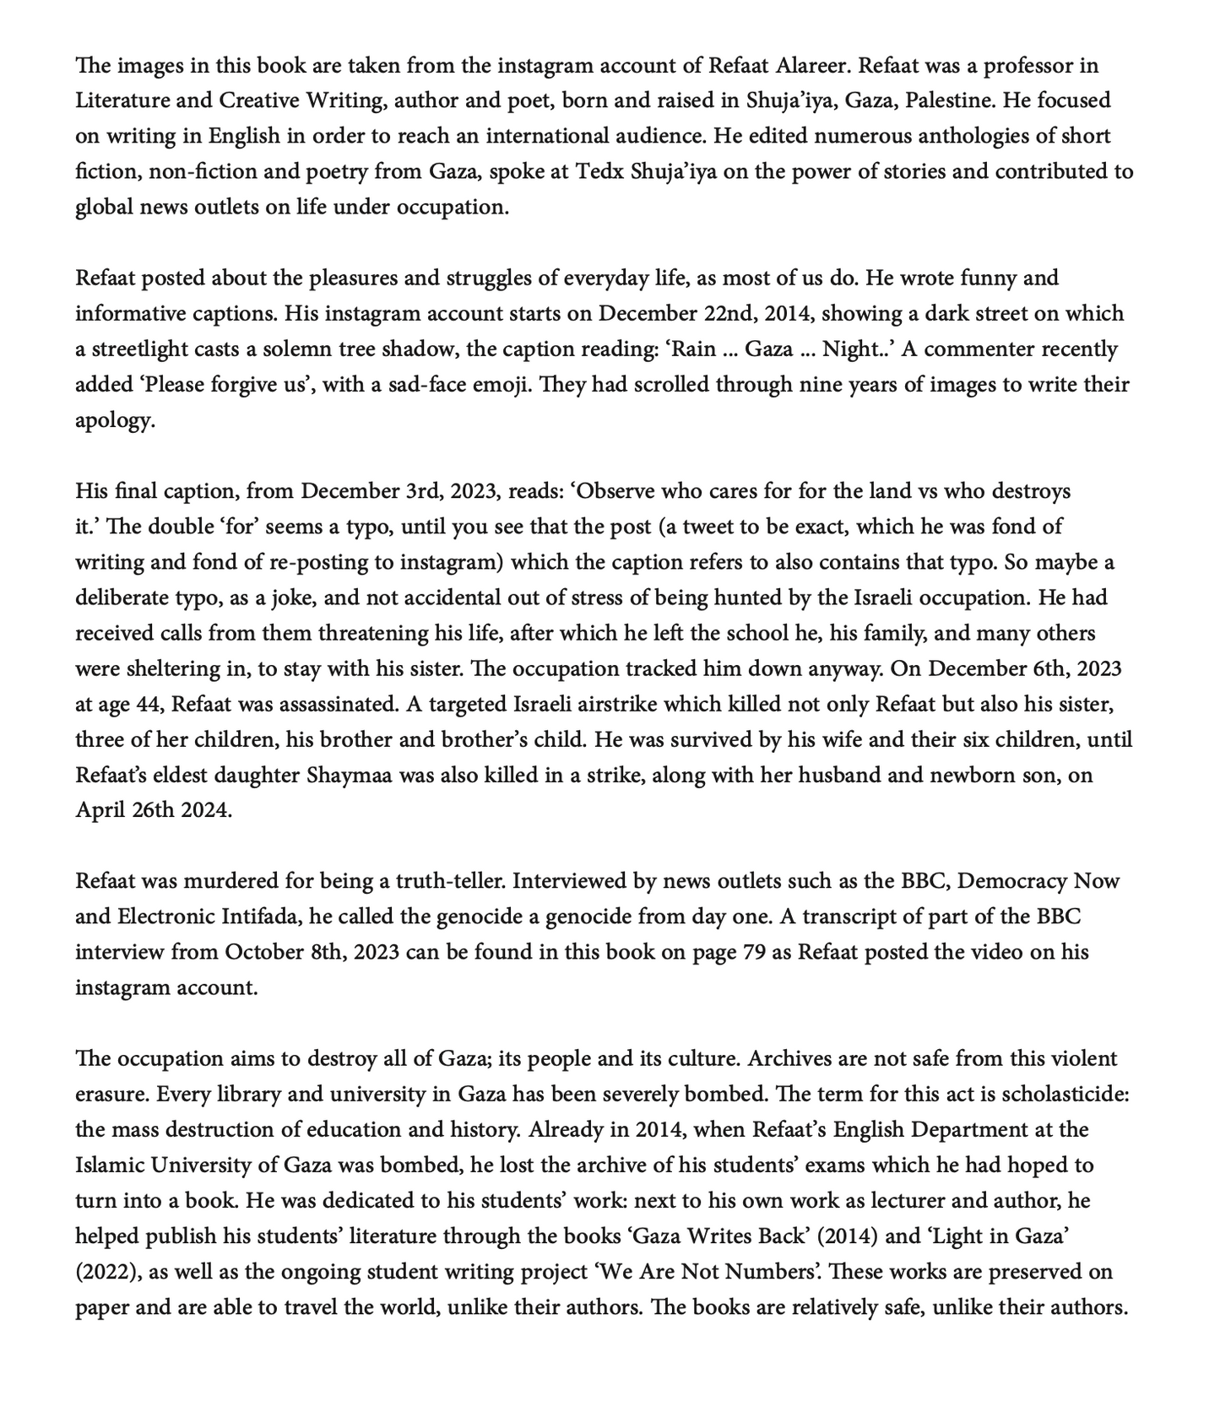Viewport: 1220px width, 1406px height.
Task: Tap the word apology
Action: point(115,420)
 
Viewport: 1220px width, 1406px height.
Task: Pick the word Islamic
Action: point(109,1165)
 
